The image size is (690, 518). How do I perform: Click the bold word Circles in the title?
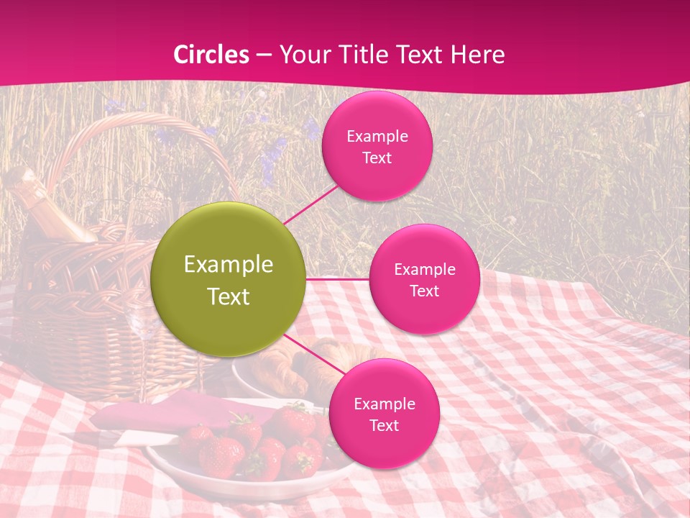211,55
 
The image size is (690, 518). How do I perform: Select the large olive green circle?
229,280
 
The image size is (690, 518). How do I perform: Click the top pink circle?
377,146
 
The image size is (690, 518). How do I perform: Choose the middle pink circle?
424,279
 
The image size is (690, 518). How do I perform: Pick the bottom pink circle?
384,414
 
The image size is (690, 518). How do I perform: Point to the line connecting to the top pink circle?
310,204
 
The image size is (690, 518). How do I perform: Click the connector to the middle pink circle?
338,279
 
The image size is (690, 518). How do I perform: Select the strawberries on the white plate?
252,446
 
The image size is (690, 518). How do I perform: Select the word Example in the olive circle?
229,265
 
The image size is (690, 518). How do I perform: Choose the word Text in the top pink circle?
377,158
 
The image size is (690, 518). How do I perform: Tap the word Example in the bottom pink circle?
384,404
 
